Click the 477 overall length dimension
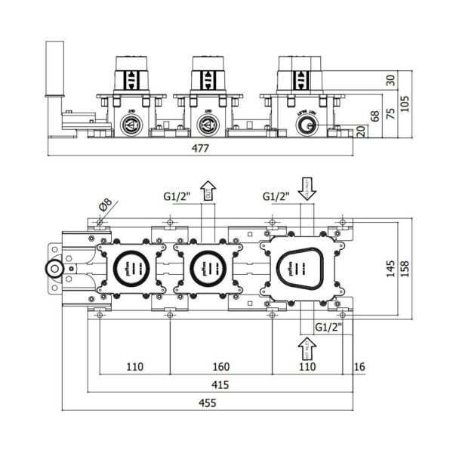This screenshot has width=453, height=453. [199, 148]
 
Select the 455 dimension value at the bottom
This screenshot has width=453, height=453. [208, 403]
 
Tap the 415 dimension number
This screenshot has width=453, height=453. [220, 384]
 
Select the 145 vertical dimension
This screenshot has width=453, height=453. [391, 270]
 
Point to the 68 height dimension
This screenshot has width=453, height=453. [374, 117]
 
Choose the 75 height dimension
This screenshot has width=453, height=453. [390, 113]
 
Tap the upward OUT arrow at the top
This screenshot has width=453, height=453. [208, 191]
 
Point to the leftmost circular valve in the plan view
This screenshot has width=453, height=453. [128, 267]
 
